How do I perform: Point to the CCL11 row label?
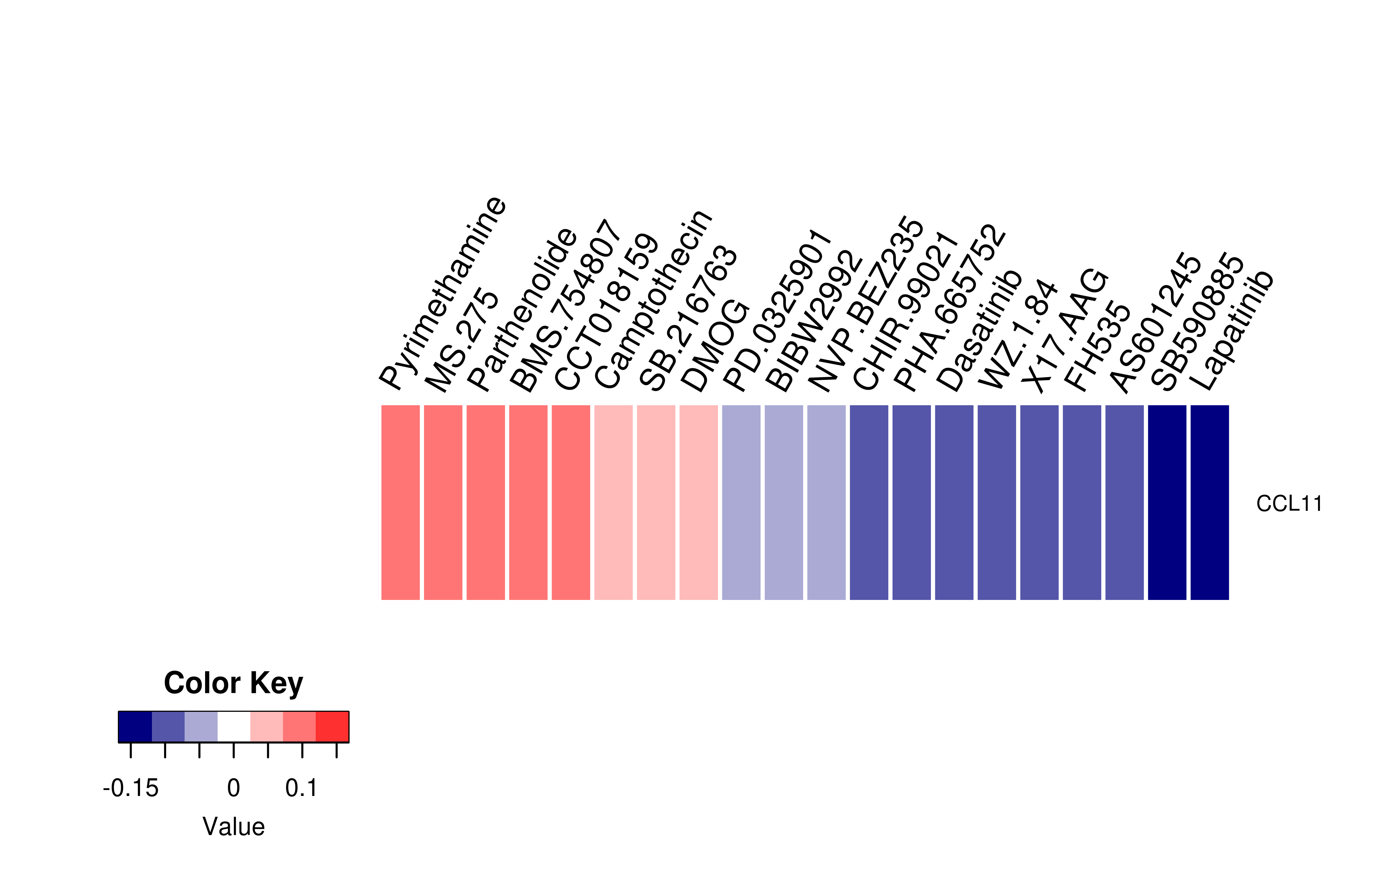1289,504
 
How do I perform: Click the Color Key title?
233,683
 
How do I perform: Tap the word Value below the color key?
233,827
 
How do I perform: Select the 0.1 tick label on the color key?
302,788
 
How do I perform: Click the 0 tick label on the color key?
233,788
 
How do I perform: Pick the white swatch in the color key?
234,727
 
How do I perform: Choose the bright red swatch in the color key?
332,727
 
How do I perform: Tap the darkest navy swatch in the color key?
135,727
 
